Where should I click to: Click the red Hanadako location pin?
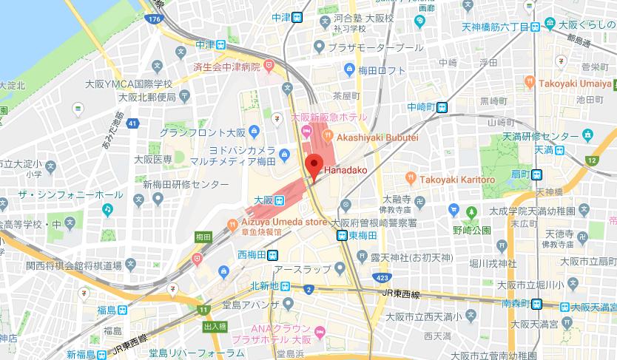(x=313, y=166)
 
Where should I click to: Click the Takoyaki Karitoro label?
(x=457, y=180)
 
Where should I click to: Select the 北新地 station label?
(x=263, y=286)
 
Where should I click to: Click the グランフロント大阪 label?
(x=202, y=132)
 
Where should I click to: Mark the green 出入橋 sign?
(x=215, y=326)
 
